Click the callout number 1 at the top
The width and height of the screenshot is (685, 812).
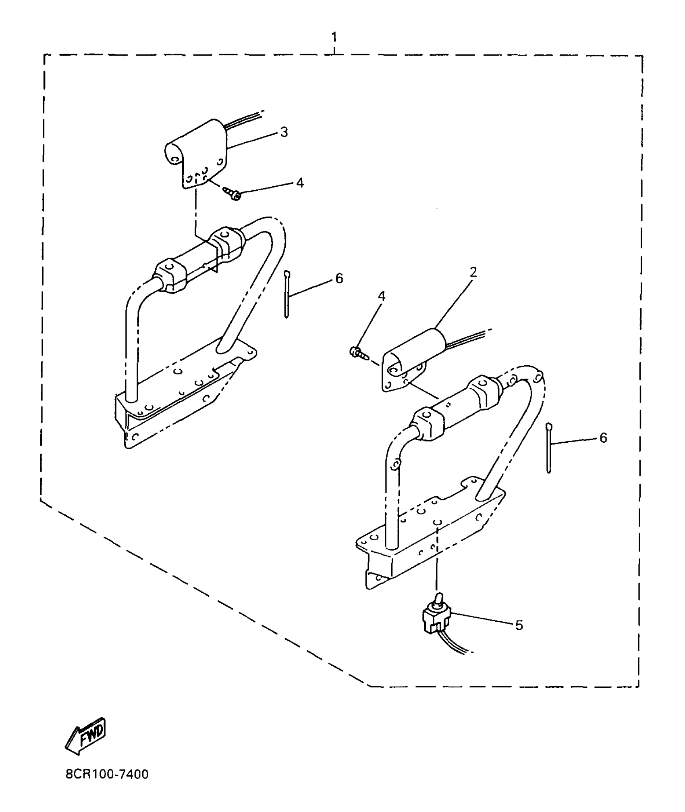tap(334, 37)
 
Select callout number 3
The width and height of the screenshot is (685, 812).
tap(284, 132)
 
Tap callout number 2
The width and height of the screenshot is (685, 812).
tap(473, 272)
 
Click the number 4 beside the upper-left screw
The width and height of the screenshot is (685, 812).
tap(300, 183)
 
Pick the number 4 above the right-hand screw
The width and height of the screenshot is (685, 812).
tap(381, 296)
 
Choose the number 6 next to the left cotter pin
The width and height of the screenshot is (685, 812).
tap(339, 278)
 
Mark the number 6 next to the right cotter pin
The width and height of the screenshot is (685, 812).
tap(603, 438)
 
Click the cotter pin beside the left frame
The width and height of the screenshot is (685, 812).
tap(286, 295)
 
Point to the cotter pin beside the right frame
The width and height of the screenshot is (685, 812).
tap(548, 448)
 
